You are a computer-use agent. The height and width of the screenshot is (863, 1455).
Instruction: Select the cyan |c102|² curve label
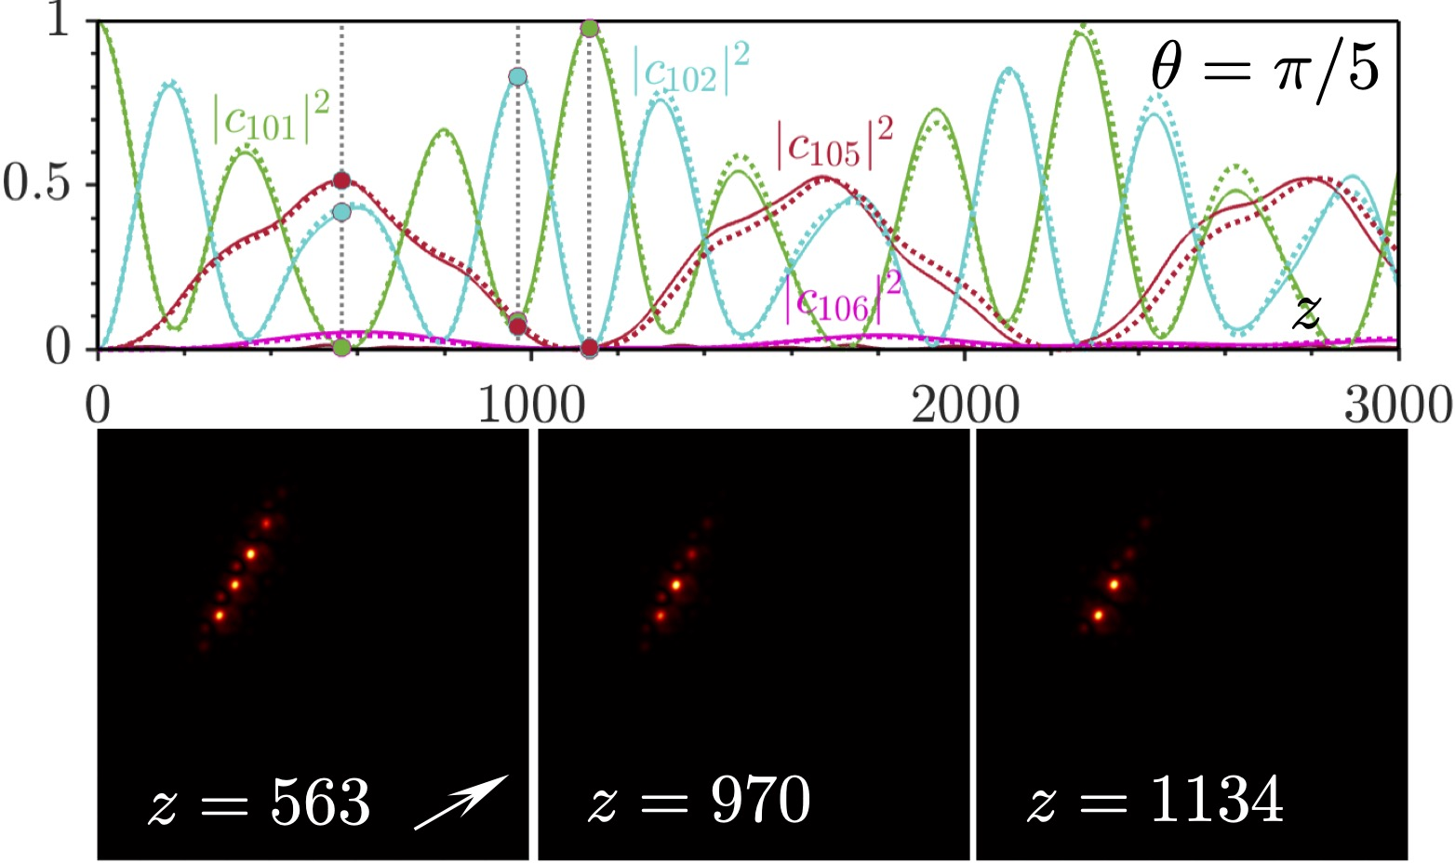pyautogui.click(x=690, y=70)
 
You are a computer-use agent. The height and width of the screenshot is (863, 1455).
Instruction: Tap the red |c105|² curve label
pyautogui.click(x=834, y=142)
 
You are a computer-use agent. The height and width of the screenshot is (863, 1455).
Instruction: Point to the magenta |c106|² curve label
pyautogui.click(x=843, y=296)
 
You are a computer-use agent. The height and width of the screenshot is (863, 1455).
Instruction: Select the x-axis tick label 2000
pyautogui.click(x=965, y=406)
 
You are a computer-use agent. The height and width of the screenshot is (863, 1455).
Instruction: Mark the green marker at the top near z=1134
pyautogui.click(x=589, y=28)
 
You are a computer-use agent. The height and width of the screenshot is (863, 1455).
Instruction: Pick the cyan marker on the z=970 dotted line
pyautogui.click(x=518, y=76)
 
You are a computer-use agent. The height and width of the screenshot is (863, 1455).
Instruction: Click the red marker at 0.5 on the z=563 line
pyautogui.click(x=341, y=180)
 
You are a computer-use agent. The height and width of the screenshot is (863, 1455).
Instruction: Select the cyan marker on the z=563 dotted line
pyautogui.click(x=341, y=212)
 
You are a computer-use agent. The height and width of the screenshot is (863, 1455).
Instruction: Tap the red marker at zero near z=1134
pyautogui.click(x=589, y=348)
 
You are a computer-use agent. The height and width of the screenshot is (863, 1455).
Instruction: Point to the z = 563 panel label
pyautogui.click(x=260, y=802)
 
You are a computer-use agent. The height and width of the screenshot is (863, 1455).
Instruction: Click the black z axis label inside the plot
pyautogui.click(x=1306, y=313)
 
